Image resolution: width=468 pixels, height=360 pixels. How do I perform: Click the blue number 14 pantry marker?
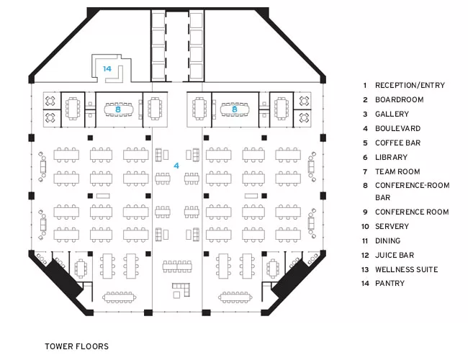(x=107, y=69)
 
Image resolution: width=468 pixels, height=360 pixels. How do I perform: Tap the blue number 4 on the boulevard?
(x=176, y=166)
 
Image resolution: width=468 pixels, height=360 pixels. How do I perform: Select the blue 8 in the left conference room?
(x=118, y=109)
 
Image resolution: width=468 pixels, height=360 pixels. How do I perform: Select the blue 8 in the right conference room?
(x=234, y=109)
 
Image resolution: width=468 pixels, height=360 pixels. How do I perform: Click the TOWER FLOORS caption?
(x=77, y=346)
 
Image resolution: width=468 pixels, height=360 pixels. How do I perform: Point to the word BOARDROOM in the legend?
(x=400, y=99)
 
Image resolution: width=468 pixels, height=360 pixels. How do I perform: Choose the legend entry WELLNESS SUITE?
(x=407, y=269)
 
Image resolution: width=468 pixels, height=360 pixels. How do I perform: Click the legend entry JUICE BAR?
(x=395, y=255)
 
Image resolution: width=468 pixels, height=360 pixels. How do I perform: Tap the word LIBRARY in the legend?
(x=391, y=157)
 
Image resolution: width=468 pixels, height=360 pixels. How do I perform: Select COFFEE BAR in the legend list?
(x=398, y=143)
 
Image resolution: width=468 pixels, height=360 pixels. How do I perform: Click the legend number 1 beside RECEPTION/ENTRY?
(x=365, y=86)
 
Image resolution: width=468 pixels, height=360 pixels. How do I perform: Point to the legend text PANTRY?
(x=390, y=283)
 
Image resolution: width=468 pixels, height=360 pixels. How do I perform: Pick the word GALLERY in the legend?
(x=392, y=114)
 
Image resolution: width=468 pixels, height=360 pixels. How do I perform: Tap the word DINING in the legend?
(x=387, y=241)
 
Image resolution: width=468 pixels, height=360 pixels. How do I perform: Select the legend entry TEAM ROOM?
(x=397, y=171)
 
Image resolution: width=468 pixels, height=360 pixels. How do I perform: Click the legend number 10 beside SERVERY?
(x=365, y=227)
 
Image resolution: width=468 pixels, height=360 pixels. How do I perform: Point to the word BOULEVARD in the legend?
(x=398, y=129)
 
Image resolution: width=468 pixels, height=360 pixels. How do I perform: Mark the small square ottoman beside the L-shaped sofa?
(x=176, y=295)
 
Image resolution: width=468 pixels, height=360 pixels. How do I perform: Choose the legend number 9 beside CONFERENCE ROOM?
(x=365, y=212)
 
